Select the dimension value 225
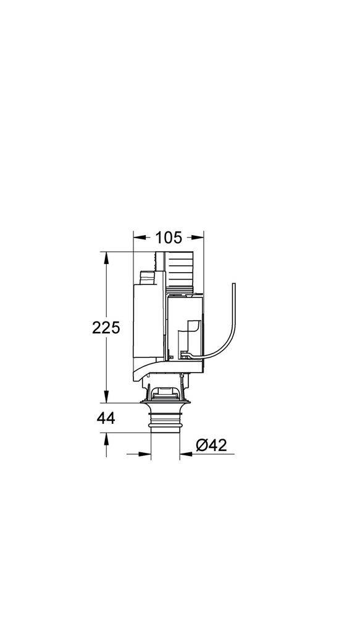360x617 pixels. point(106,328)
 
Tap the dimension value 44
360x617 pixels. point(106,419)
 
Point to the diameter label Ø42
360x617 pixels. point(211,445)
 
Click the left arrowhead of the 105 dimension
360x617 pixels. point(138,237)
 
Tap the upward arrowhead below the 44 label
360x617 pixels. point(106,437)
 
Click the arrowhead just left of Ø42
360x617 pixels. point(184,456)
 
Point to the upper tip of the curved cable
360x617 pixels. point(233,284)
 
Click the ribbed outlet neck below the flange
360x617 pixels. point(165,423)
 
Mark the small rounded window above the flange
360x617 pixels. point(165,391)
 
